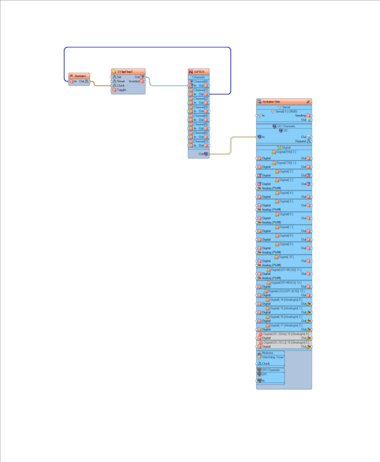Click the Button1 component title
point(80,76)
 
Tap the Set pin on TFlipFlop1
point(118,77)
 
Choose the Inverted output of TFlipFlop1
point(134,81)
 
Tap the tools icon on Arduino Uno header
point(308,102)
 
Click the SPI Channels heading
point(271,370)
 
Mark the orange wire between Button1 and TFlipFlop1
point(101,85)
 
